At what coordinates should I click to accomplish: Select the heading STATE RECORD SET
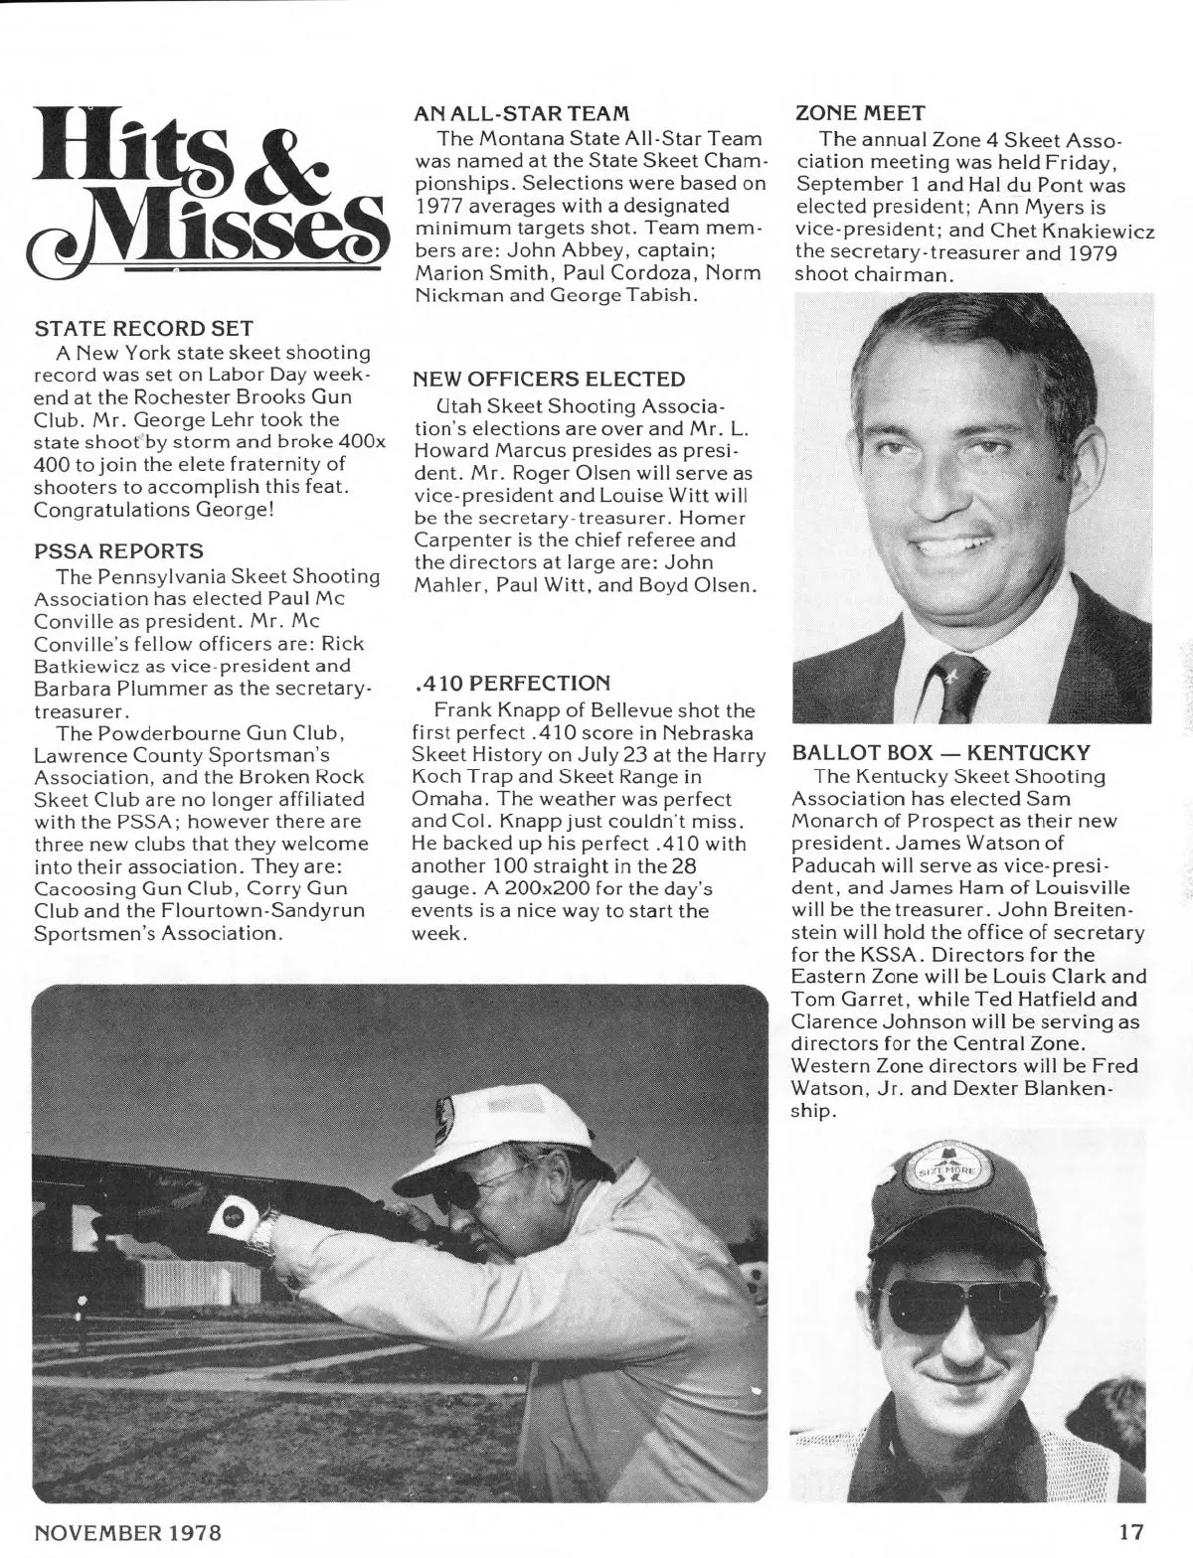144,328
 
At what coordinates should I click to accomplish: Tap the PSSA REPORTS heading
119,550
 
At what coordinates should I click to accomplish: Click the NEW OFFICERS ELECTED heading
549,379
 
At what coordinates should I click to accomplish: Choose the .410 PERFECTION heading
509,684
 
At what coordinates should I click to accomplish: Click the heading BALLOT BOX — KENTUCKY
941,752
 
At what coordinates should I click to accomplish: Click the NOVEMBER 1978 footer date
128,1531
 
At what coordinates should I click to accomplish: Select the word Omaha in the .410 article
442,799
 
